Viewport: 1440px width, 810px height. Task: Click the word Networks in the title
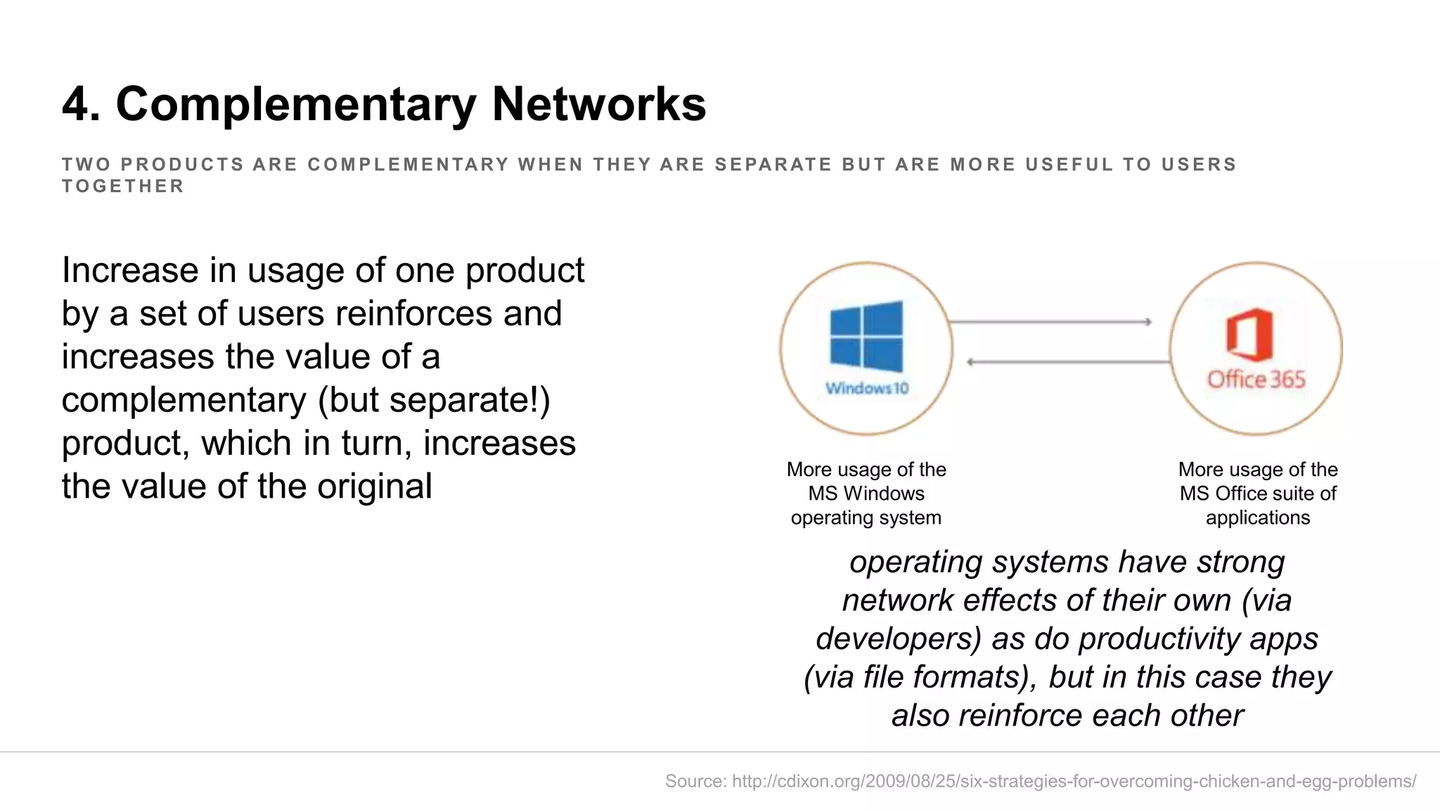[598, 105]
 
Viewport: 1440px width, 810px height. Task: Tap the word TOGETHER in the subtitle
[123, 186]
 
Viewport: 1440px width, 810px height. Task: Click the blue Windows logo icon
[866, 337]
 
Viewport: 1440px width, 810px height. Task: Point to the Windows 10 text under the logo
[867, 388]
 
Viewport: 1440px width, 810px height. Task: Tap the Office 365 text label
[1256, 380]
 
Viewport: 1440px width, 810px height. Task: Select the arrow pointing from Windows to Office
[1050, 322]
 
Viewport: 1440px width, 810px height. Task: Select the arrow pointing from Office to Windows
[1069, 362]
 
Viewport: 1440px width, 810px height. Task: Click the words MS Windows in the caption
[866, 494]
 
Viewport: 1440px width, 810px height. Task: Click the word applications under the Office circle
[1258, 517]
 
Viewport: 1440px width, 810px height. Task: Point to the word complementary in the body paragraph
[184, 400]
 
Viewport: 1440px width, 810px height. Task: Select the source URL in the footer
[1074, 781]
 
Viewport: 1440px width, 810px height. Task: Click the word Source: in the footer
[695, 781]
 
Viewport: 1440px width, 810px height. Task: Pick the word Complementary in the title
[296, 105]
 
